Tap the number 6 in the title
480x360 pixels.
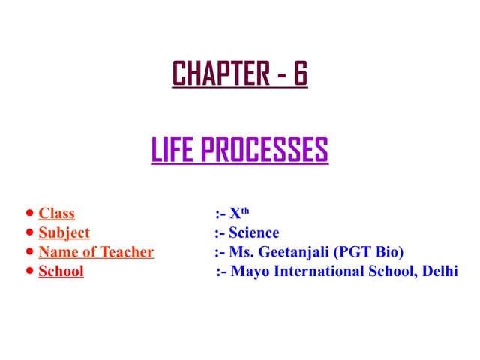pyautogui.click(x=299, y=73)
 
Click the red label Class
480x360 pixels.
pyautogui.click(x=57, y=214)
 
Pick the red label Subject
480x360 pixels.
pyautogui.click(x=64, y=233)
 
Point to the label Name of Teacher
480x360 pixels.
pyautogui.click(x=96, y=252)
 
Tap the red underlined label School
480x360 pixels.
pyautogui.click(x=61, y=271)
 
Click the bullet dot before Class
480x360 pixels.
pyautogui.click(x=28, y=214)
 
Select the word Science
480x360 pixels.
pyautogui.click(x=254, y=233)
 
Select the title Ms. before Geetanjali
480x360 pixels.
pyautogui.click(x=240, y=252)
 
